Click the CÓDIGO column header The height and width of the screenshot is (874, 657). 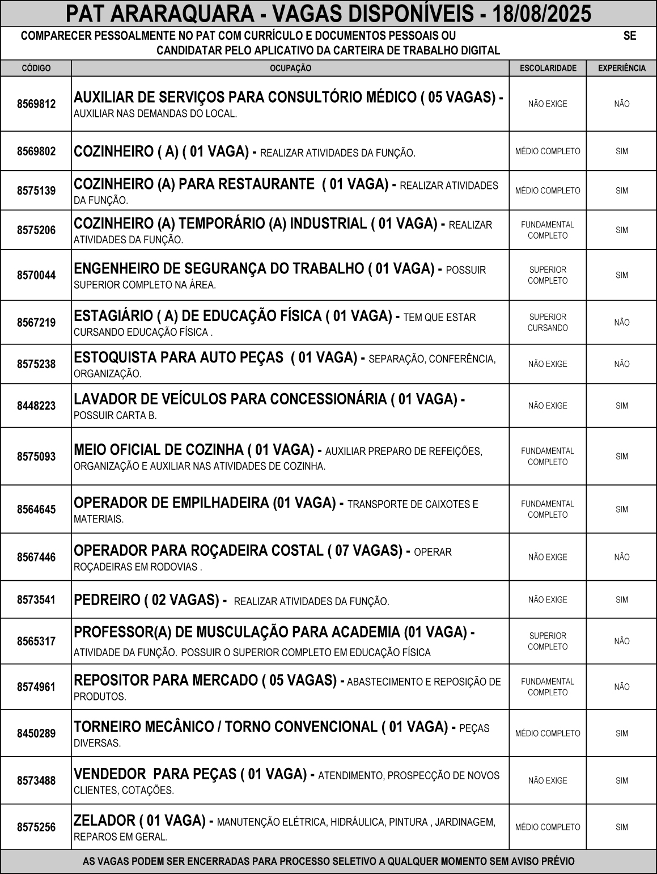[36, 68]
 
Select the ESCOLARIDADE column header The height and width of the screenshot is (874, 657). [548, 68]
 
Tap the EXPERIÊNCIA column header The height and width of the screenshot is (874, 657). [622, 68]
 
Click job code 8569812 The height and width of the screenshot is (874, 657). [36, 104]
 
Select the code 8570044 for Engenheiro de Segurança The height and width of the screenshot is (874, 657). [36, 275]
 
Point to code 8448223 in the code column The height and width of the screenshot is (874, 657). [36, 406]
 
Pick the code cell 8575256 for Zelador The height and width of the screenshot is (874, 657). [36, 827]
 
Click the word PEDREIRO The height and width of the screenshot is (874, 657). [107, 599]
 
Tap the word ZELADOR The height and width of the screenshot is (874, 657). [104, 820]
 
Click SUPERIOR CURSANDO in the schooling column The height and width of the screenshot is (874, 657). [548, 322]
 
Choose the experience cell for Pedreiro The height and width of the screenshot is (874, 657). [622, 599]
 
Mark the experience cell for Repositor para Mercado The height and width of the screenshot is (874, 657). [622, 687]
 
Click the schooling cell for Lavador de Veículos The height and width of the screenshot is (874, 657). [548, 406]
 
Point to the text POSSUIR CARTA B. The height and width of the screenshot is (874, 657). [115, 416]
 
